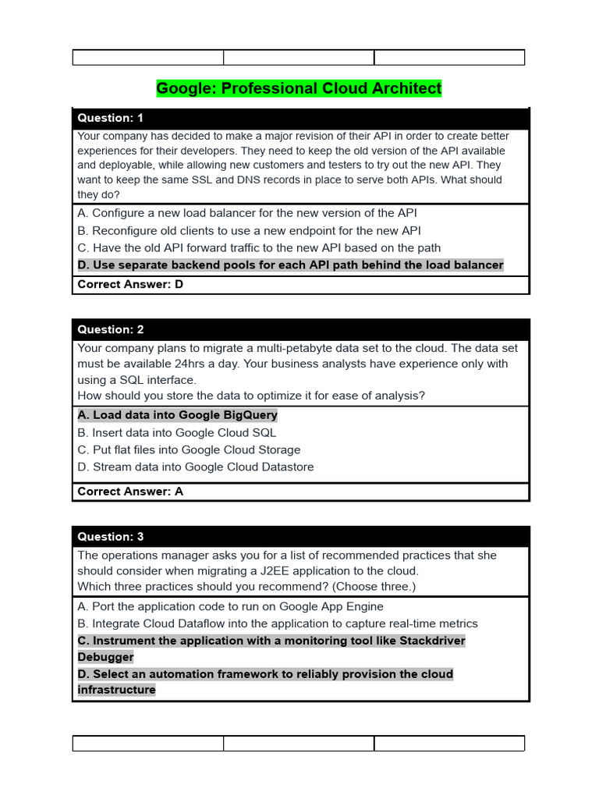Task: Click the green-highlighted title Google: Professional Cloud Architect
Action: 299,88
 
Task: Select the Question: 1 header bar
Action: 300,118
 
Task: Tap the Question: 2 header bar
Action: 300,329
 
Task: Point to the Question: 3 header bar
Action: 300,537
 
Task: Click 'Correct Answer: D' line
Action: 130,285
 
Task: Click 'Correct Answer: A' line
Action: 130,492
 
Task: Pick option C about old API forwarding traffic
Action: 259,247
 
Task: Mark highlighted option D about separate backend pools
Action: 290,265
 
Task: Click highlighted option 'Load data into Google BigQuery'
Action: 177,415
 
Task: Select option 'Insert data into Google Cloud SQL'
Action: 176,432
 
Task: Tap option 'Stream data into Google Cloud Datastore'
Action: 195,467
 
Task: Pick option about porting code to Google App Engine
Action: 230,606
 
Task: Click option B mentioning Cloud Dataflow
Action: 277,623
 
